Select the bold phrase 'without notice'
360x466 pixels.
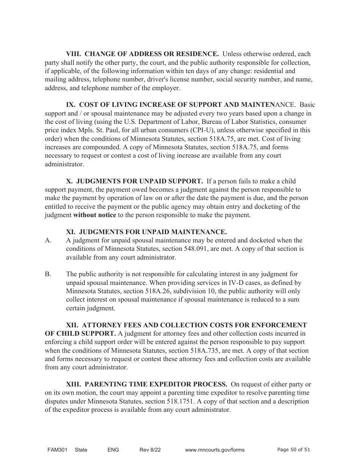pyautogui.click(x=94, y=215)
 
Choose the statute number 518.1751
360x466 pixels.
pyautogui.click(x=182, y=402)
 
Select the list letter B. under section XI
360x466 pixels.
pyautogui.click(x=48, y=274)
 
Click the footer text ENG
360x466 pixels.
pyautogui.click(x=113, y=450)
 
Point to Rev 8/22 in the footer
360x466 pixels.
pyautogui.click(x=150, y=450)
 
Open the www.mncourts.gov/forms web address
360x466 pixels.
pyautogui.click(x=214, y=450)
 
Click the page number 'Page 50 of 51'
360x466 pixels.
pyautogui.click(x=294, y=450)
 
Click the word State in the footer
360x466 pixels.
pyautogui.click(x=81, y=450)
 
